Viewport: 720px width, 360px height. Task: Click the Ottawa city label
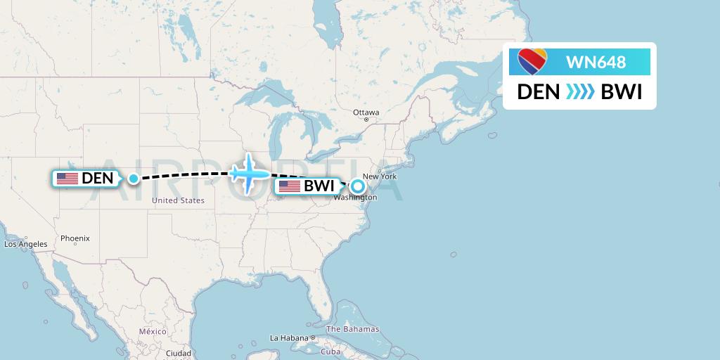coord(366,112)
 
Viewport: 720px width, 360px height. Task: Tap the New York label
coord(379,176)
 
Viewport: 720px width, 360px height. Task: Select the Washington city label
coord(355,198)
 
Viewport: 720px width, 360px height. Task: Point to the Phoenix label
coord(75,238)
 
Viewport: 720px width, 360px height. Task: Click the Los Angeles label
coord(26,245)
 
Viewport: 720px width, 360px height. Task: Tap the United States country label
coord(178,200)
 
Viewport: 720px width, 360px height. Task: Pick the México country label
coord(153,331)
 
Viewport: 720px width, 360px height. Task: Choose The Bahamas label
coord(352,329)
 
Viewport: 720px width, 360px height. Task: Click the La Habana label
coord(290,338)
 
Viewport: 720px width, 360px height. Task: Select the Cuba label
coord(330,352)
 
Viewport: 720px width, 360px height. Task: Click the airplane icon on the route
coord(249,172)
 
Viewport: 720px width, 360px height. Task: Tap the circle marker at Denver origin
coord(134,179)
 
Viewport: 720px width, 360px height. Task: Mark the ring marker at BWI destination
coord(358,186)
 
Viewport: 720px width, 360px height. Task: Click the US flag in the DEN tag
coord(67,179)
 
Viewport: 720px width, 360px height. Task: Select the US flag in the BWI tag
coord(290,186)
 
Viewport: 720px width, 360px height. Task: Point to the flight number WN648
coord(596,63)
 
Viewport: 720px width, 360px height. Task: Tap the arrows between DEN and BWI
coord(580,92)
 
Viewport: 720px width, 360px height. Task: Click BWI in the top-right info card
coord(621,92)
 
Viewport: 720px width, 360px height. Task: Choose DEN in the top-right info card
coord(539,92)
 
